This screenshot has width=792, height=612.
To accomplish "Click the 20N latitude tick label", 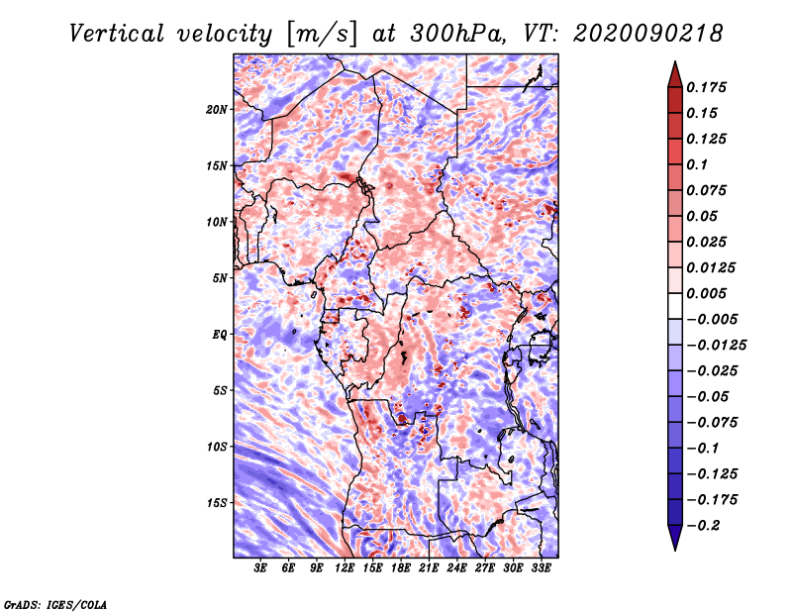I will click(217, 109).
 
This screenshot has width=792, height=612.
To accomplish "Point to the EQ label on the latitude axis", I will click(220, 335).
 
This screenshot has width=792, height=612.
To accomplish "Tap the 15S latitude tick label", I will click(217, 503).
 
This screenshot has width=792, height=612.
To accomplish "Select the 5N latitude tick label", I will click(220, 278).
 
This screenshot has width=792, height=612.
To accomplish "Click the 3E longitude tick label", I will click(261, 568).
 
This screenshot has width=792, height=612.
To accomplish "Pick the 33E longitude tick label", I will click(542, 568).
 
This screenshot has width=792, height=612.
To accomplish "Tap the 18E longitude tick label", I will click(401, 568).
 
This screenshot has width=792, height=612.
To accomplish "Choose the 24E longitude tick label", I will click(457, 568).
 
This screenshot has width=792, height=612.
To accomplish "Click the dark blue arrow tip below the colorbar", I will click(674, 544).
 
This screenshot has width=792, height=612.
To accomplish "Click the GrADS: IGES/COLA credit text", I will click(55, 603).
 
